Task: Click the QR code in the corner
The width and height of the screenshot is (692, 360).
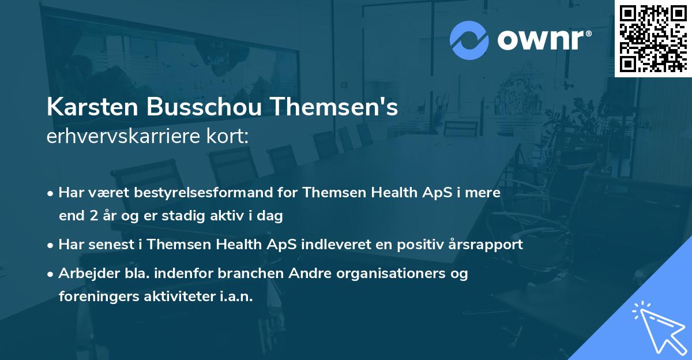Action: point(653,38)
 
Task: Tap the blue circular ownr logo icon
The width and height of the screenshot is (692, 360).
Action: point(469,40)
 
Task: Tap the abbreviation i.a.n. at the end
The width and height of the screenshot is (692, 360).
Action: point(236,296)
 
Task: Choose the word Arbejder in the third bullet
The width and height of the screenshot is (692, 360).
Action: point(85,273)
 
